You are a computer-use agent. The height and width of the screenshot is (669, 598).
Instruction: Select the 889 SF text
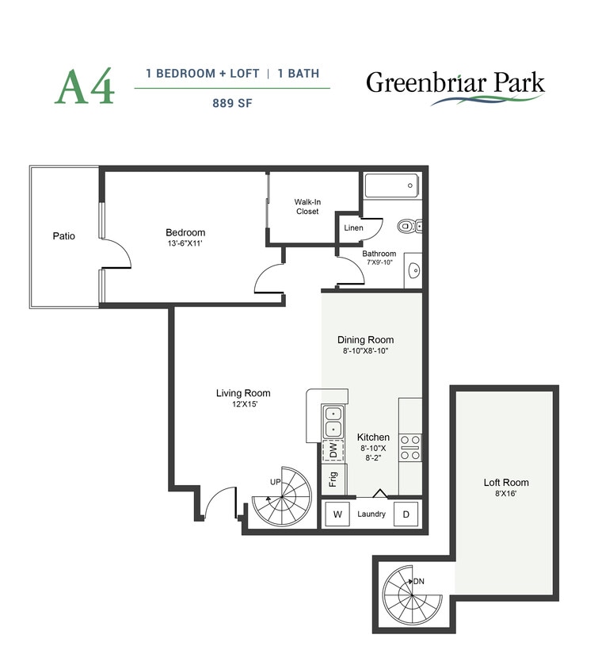point(232,101)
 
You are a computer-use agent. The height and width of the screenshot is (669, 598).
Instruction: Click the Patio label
point(64,235)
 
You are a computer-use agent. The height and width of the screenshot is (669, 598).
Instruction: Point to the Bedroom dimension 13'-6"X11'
point(185,243)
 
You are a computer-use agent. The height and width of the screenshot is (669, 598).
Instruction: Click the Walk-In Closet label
point(307,207)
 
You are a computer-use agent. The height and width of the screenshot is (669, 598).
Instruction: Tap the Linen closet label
point(353,228)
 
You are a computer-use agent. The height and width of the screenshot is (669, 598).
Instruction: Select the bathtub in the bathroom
point(390,186)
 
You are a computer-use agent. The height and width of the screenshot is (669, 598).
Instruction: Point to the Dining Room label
point(365,339)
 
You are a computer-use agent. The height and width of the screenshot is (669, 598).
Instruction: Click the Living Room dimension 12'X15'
point(243,404)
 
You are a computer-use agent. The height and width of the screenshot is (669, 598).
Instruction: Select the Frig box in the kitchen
point(333,480)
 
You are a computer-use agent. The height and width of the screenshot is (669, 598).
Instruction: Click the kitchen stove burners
point(410,447)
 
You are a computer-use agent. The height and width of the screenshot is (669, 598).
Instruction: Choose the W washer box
point(337,514)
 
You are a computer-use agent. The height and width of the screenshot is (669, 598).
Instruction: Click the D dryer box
point(406,514)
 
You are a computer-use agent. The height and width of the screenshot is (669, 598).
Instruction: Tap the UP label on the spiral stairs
point(276,482)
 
